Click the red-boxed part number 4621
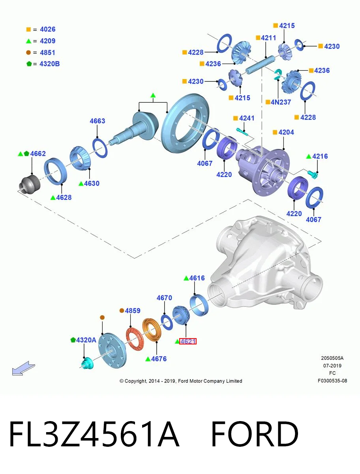pos(188,341)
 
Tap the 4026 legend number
pos(48,29)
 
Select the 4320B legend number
pos(50,64)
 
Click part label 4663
pos(97,121)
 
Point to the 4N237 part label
pos(281,102)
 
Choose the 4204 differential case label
pos(286,132)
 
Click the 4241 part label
pos(247,118)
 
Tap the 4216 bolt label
pos(320,156)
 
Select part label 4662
pos(38,154)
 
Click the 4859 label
pos(133,310)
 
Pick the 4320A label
pos(86,340)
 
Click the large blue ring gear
pos(185,123)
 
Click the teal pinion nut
pos(87,363)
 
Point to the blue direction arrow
pos(23,368)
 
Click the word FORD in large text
pos(255,434)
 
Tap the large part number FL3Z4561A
pos(94,434)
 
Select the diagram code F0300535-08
pos(332,381)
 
